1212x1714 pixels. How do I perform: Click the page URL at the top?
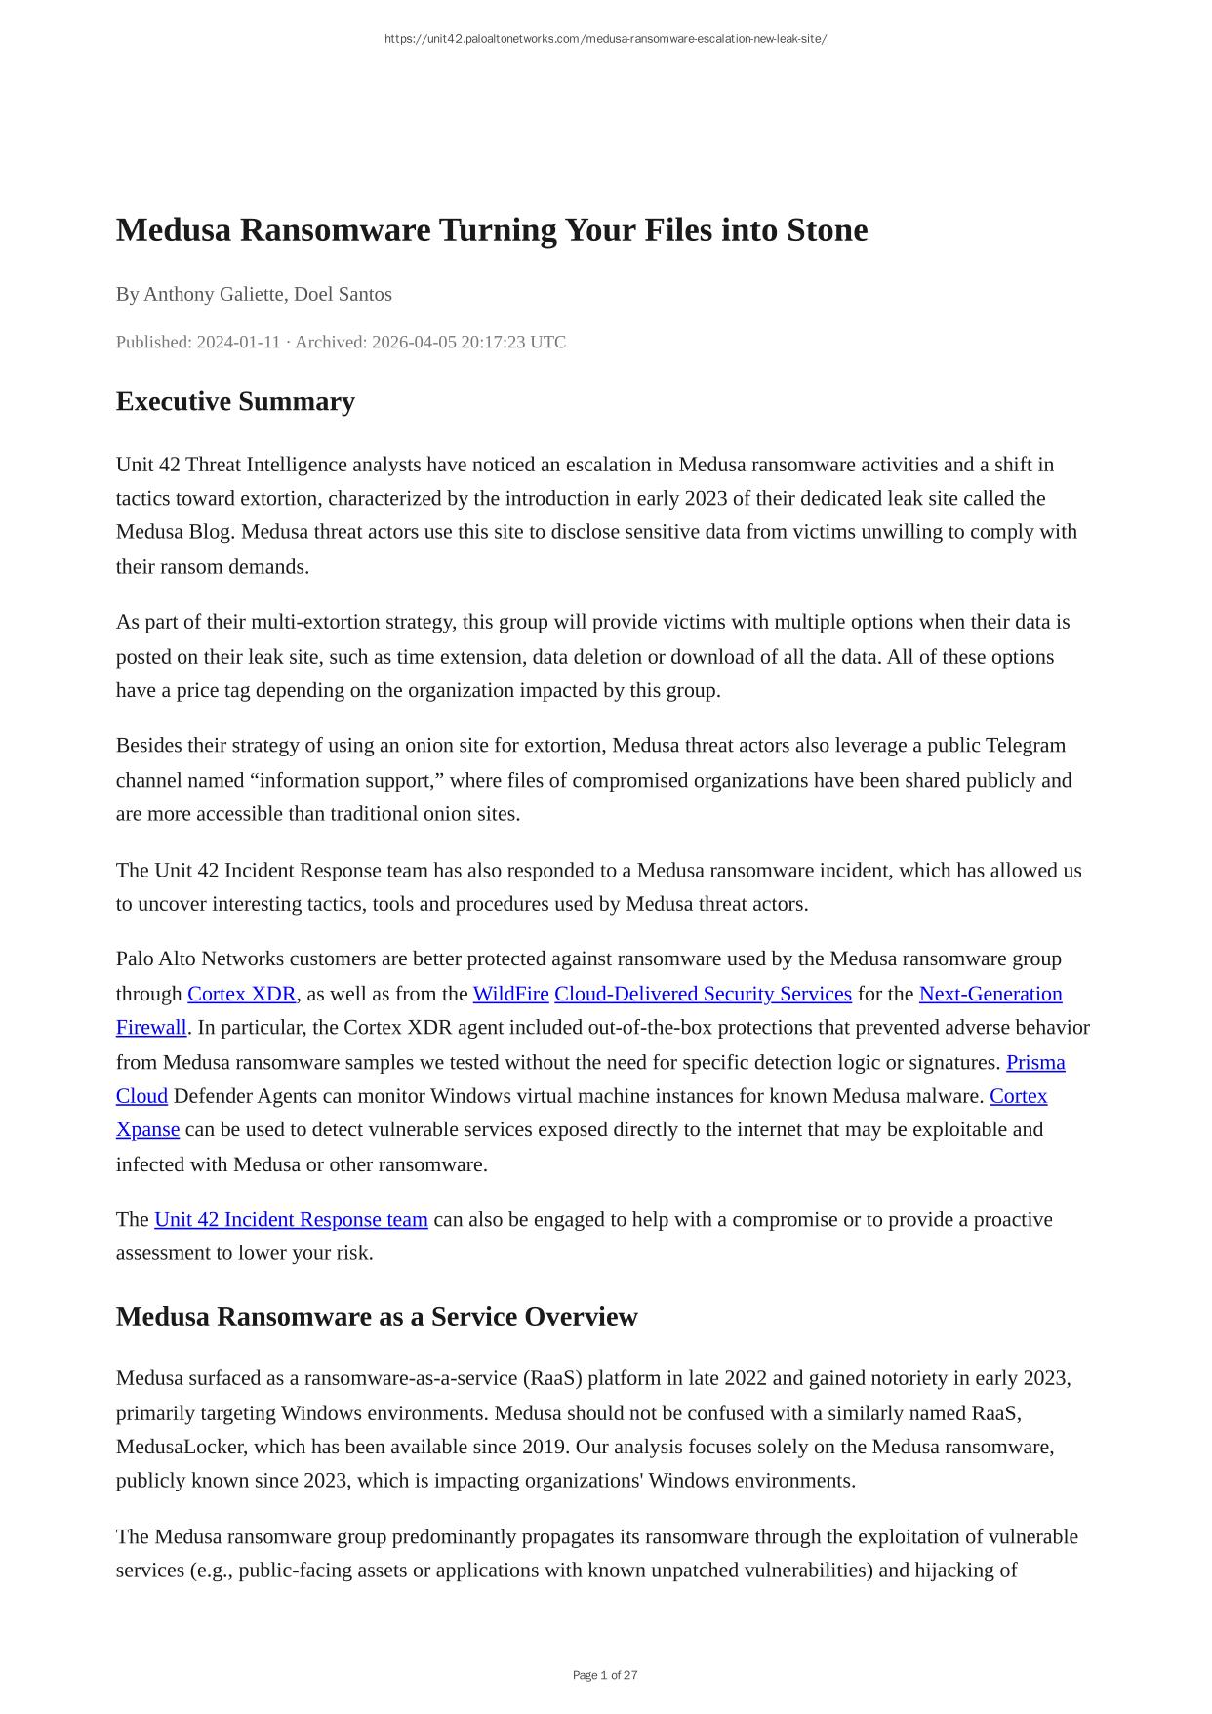(605, 39)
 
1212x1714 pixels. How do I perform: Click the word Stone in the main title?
(827, 230)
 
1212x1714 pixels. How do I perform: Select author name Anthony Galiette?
(214, 294)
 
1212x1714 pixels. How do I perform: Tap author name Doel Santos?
(343, 294)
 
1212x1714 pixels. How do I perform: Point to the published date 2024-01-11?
(238, 342)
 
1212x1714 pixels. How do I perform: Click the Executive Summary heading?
(235, 402)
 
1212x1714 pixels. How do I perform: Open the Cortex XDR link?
(241, 994)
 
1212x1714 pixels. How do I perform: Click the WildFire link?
(510, 994)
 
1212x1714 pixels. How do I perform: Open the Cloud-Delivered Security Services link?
(703, 994)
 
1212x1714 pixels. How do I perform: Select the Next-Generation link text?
(990, 994)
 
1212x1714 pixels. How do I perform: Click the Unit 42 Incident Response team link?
(291, 1219)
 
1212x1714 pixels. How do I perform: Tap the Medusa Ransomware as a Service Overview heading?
(377, 1317)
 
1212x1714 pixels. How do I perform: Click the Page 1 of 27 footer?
(605, 1675)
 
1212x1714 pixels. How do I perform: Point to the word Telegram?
(1026, 746)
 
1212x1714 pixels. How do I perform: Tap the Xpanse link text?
(147, 1129)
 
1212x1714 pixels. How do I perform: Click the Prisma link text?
(1035, 1062)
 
